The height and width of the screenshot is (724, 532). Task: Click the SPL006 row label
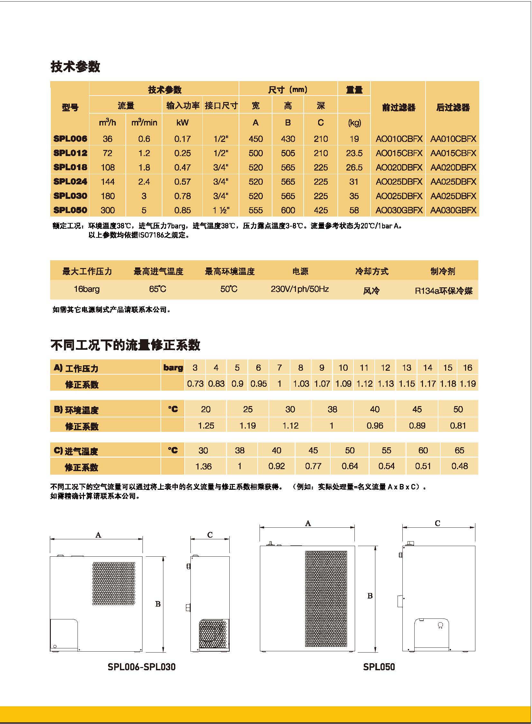[70, 139]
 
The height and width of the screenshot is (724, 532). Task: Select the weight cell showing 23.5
[354, 153]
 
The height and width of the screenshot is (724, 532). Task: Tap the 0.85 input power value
[182, 210]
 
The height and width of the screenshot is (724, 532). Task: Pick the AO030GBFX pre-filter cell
[399, 210]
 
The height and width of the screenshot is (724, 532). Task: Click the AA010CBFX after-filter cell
[453, 139]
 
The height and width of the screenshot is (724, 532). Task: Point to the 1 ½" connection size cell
[221, 210]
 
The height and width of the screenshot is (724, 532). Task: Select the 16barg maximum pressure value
[87, 289]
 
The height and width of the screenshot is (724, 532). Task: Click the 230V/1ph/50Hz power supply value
[299, 289]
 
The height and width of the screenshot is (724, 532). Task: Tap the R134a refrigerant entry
[443, 291]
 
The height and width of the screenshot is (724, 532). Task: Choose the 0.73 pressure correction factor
[195, 384]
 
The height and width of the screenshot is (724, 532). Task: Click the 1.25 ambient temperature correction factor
[206, 426]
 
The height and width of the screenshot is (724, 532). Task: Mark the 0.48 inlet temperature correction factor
[459, 466]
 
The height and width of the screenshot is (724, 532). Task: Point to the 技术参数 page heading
[75, 67]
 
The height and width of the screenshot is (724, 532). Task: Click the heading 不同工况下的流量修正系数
[125, 345]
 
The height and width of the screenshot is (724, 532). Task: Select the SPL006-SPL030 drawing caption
[142, 667]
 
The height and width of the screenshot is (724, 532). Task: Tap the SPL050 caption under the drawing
[379, 667]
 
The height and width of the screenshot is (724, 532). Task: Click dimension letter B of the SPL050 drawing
[370, 596]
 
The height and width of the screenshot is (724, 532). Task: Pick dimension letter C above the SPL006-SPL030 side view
[210, 535]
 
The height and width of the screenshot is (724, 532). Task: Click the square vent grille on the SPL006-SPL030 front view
[114, 583]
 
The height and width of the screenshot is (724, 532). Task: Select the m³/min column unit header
[144, 123]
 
